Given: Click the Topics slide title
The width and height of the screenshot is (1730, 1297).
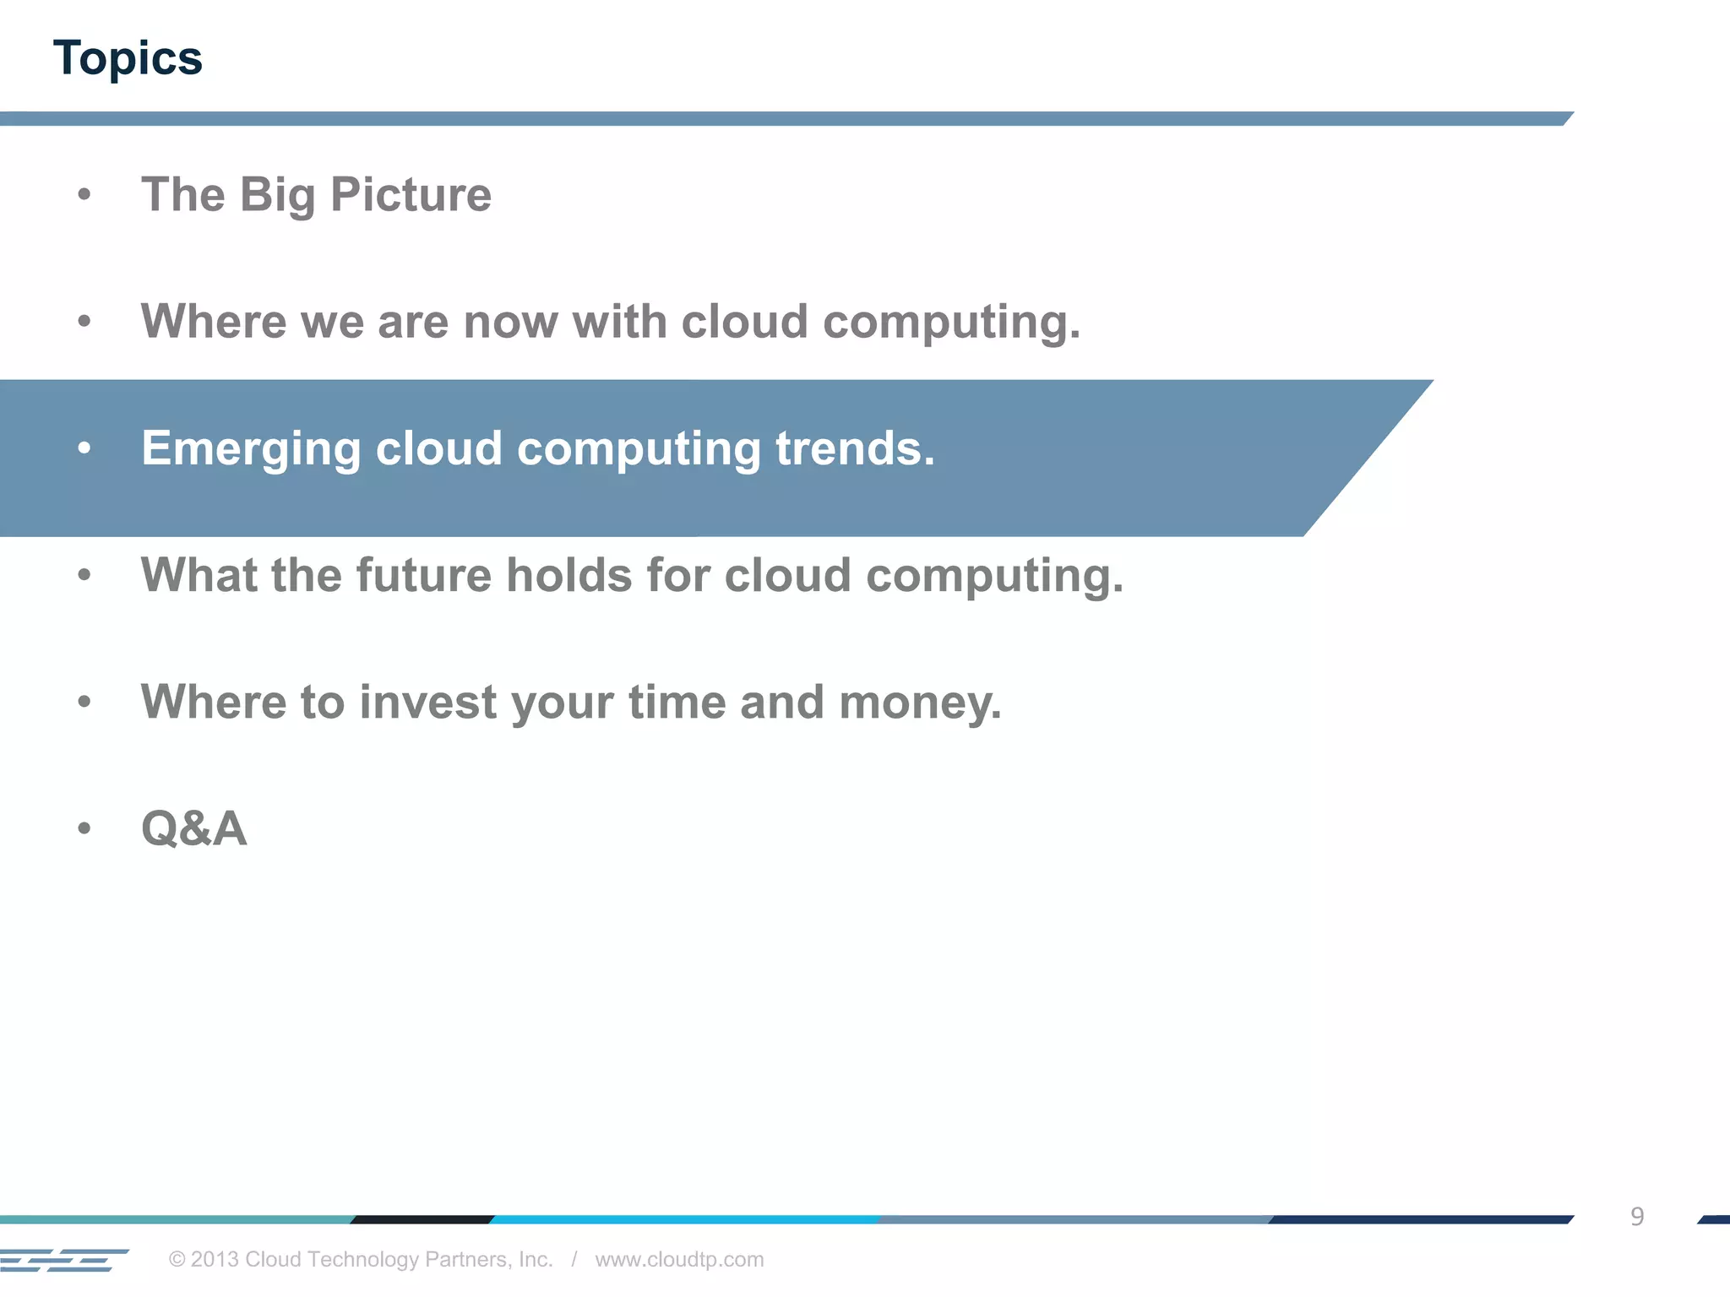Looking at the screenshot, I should (x=128, y=58).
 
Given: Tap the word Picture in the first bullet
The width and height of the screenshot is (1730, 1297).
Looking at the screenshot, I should (x=411, y=195).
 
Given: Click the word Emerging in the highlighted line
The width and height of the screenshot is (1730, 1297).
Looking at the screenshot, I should (x=251, y=448).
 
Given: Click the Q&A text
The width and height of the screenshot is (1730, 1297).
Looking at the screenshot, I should (x=194, y=828).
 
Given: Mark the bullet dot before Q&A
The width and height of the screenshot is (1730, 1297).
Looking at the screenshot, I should (x=84, y=828).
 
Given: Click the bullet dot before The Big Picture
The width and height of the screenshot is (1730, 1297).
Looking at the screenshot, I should (x=84, y=195).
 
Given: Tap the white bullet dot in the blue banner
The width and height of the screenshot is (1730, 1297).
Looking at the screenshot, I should (x=84, y=448).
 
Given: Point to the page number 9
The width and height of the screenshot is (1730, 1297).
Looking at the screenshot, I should (x=1636, y=1216).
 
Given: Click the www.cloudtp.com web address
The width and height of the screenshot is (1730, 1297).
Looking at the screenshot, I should (x=679, y=1259).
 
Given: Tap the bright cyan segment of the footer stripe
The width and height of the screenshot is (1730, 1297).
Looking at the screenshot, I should (x=684, y=1219).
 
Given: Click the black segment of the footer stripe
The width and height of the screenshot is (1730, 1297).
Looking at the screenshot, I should (x=422, y=1219).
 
